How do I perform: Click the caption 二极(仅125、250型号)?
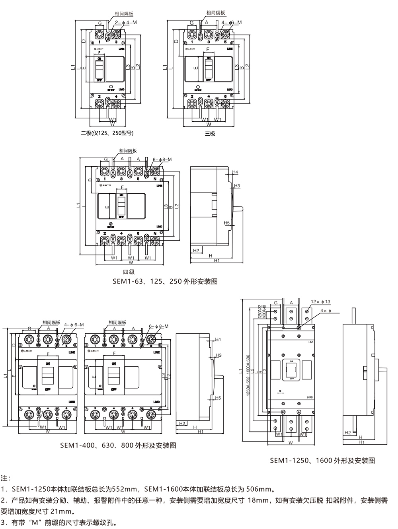click(x=107, y=133)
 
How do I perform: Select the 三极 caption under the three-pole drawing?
click(x=210, y=134)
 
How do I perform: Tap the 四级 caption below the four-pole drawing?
click(x=129, y=272)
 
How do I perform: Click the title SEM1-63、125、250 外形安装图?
click(x=165, y=282)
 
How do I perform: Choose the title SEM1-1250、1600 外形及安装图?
click(x=322, y=461)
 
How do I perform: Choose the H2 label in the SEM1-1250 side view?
click(x=347, y=433)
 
